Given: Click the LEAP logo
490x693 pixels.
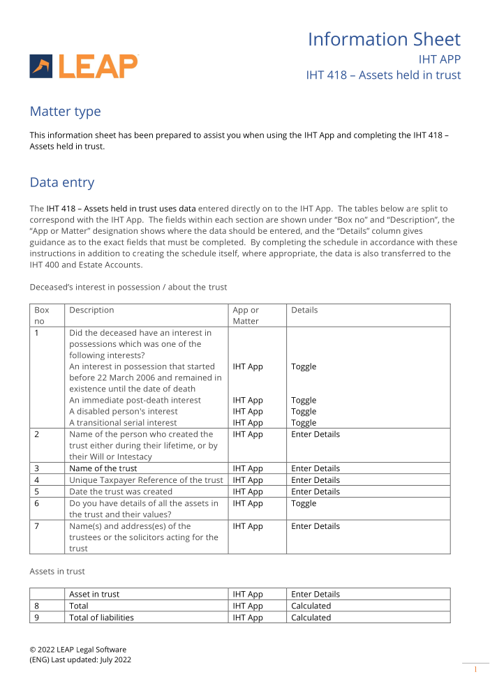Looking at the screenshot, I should (x=84, y=66).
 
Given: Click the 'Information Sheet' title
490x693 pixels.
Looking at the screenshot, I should (x=384, y=39).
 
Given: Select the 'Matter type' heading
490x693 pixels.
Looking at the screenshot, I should (x=65, y=112).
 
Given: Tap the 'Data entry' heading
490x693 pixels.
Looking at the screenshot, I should (x=61, y=183).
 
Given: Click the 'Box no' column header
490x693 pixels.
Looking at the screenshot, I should (x=42, y=315).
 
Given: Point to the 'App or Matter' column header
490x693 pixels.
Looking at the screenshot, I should (x=246, y=315).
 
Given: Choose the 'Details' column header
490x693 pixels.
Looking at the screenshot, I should (x=304, y=310).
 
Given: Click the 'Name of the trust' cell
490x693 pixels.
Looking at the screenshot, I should (x=103, y=468).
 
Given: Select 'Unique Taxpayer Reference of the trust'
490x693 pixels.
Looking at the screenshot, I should (x=146, y=480).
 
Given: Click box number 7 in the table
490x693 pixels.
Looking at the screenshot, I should (x=37, y=526).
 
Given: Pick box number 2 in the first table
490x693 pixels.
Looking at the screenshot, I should (x=37, y=434).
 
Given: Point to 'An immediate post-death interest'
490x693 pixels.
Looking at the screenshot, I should (x=135, y=400).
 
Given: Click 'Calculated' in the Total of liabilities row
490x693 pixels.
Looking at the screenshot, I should (x=311, y=618).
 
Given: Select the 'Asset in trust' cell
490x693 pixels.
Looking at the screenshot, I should (x=94, y=594).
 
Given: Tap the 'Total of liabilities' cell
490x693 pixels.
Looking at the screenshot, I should (x=101, y=618).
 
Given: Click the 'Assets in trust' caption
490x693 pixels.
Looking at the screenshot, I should (x=57, y=572).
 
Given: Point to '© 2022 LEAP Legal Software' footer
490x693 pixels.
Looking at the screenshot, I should (x=77, y=650).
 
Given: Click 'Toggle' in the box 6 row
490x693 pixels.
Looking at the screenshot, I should (x=304, y=503).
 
